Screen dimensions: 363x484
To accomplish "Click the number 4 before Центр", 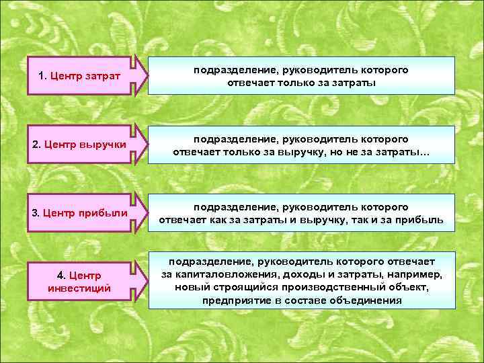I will click(x=61, y=276).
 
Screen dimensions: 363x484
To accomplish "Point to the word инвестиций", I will click(x=79, y=288).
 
